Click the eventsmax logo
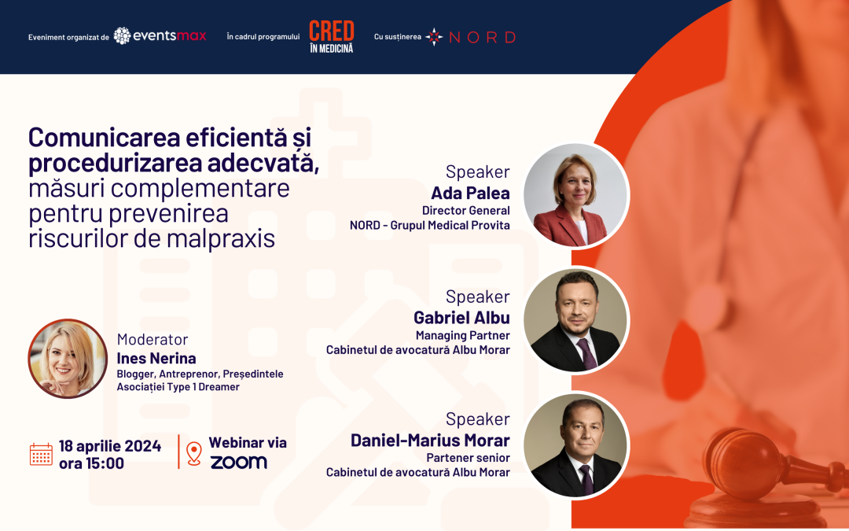tap(160, 35)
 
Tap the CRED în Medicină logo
tap(332, 36)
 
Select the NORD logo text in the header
tap(482, 37)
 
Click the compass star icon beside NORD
tap(434, 37)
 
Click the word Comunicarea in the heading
tap(104, 138)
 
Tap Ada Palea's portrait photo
tap(575, 195)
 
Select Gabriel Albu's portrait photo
tap(575, 320)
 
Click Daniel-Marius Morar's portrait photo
tap(575, 444)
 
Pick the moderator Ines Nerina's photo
tap(68, 358)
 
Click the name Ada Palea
tap(470, 193)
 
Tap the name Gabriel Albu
tap(461, 318)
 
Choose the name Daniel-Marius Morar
tap(430, 440)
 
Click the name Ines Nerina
tap(156, 358)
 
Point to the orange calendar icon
tap(41, 454)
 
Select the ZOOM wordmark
tap(239, 463)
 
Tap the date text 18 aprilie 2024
tap(110, 446)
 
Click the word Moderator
tap(153, 340)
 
